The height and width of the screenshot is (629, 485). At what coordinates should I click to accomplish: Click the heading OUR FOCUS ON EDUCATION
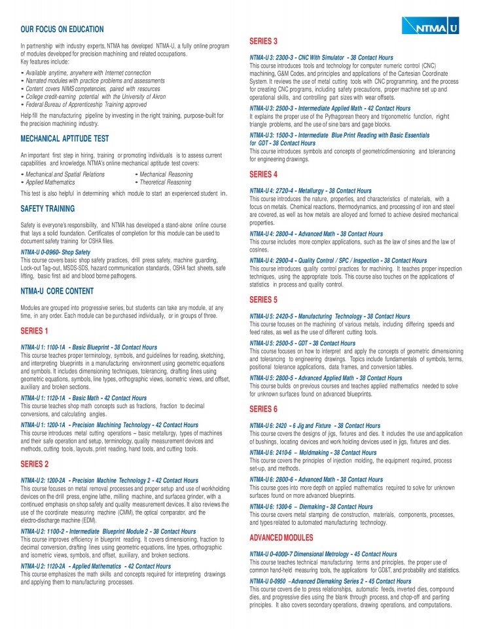pos(62,29)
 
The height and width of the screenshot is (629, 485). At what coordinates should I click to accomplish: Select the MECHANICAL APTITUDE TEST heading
pos(65,139)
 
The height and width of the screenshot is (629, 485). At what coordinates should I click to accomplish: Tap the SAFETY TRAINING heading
pos(48,209)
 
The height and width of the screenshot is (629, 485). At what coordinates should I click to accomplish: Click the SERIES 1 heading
pos(35,331)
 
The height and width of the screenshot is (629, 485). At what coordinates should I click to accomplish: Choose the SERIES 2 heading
pos(35,464)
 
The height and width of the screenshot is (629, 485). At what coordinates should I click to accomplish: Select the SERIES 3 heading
pos(264,41)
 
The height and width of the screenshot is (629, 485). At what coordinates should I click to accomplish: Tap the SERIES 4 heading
pos(264,175)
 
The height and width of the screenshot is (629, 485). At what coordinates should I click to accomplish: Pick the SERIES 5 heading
pos(264,299)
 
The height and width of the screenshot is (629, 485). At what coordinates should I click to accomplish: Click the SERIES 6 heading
pos(264,409)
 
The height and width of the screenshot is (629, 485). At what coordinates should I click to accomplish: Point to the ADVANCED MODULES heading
pos(281,537)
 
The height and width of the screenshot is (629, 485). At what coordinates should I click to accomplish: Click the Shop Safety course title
pos(56,252)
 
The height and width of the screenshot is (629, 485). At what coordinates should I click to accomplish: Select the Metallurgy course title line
pos(310,191)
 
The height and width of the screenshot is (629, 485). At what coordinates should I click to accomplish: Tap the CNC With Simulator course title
pos(321,58)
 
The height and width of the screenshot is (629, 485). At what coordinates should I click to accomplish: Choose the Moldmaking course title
pos(313,452)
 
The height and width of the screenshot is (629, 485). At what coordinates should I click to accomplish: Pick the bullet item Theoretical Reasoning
pos(163,182)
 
